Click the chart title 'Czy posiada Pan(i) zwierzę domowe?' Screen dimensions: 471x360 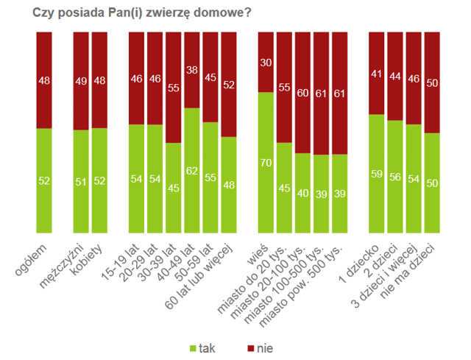141,13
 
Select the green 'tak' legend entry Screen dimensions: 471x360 202,348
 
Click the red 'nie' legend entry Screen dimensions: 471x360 260,348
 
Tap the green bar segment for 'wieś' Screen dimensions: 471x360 266,163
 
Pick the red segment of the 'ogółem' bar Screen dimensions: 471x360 44,80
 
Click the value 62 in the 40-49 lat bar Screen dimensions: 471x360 191,171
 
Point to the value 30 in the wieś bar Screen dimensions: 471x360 266,63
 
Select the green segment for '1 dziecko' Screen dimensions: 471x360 376,174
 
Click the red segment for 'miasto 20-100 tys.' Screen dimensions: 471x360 302,93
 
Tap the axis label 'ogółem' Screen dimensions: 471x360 31,260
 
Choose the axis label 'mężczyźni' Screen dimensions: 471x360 62,266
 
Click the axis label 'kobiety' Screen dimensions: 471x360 87,258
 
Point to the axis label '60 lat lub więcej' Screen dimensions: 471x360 199,277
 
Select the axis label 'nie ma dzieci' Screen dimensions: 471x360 408,272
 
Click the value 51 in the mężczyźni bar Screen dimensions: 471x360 81,182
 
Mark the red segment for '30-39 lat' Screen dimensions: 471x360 174,88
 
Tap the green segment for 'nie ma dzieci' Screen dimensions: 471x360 432,183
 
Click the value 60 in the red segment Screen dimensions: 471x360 302,93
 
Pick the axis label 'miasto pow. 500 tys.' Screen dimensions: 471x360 301,286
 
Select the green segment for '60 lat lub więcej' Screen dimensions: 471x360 229,185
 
